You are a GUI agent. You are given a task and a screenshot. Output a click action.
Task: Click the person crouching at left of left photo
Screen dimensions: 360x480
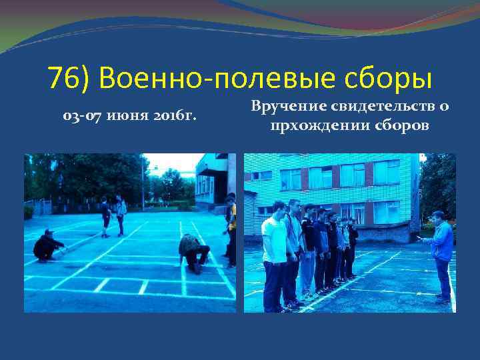pyautogui.click(x=48, y=246)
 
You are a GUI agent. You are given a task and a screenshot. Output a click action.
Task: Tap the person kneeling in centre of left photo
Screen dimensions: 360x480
pyautogui.click(x=193, y=252)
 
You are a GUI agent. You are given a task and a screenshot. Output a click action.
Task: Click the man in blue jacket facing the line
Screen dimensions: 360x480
pyautogui.click(x=441, y=253)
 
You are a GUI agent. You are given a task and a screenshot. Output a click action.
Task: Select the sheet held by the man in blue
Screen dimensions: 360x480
pyautogui.click(x=419, y=237)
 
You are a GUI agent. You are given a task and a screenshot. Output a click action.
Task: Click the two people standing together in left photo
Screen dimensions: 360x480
pyautogui.click(x=113, y=215)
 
